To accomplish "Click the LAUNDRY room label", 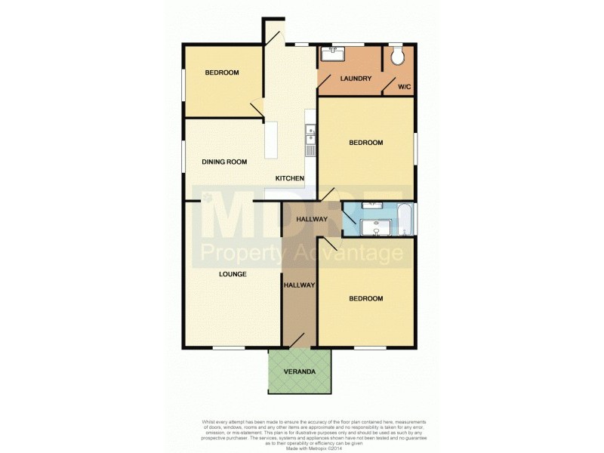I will click(x=355, y=79).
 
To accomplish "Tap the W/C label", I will click(x=405, y=87).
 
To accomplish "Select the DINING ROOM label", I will click(x=224, y=162).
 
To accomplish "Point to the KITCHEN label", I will click(x=290, y=178).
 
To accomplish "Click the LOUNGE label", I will click(x=233, y=274).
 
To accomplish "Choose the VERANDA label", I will click(x=300, y=373).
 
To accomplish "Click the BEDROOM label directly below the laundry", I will click(x=365, y=143).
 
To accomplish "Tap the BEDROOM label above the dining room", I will click(x=222, y=72).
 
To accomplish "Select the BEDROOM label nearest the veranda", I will click(x=365, y=299).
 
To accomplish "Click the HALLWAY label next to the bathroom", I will click(x=312, y=220).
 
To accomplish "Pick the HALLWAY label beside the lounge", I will click(x=299, y=285).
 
